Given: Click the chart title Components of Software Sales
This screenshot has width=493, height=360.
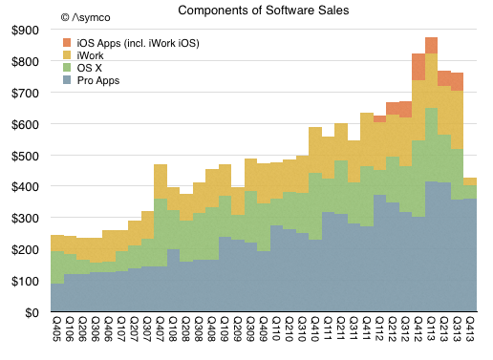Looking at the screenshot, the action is pyautogui.click(x=264, y=11).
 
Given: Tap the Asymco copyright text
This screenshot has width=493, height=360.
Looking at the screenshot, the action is pyautogui.click(x=85, y=17).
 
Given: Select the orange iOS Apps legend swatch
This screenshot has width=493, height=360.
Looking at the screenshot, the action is pyautogui.click(x=67, y=42).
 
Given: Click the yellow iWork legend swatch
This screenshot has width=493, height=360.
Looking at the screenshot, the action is pyautogui.click(x=67, y=55).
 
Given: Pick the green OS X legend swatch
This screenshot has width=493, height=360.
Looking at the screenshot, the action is pyautogui.click(x=67, y=68).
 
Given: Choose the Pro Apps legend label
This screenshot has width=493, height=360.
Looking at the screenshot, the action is pyautogui.click(x=98, y=80).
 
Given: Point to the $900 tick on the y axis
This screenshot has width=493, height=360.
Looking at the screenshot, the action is pyautogui.click(x=25, y=31).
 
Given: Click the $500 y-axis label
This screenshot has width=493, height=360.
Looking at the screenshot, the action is pyautogui.click(x=25, y=156).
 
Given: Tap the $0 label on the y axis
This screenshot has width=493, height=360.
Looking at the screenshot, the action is pyautogui.click(x=32, y=313).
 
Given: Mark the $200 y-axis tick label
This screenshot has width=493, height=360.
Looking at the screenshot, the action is pyautogui.click(x=25, y=250).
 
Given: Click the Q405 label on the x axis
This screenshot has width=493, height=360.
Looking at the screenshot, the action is pyautogui.click(x=56, y=328).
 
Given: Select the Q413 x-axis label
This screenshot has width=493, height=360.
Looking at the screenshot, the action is pyautogui.click(x=470, y=328).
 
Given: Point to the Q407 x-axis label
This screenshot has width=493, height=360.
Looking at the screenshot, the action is pyautogui.click(x=160, y=328).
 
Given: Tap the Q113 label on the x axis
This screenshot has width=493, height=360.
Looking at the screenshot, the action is pyautogui.click(x=431, y=328).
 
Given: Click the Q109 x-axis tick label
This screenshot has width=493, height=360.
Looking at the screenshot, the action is pyautogui.click(x=225, y=328).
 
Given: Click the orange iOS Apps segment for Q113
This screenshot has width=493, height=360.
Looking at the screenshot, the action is pyautogui.click(x=431, y=46).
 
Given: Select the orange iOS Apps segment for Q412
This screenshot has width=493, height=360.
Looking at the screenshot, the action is pyautogui.click(x=418, y=67).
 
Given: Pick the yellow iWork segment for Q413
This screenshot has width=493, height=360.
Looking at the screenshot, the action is pyautogui.click(x=470, y=181).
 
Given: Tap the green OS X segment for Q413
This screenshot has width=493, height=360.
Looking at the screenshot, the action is pyautogui.click(x=470, y=192).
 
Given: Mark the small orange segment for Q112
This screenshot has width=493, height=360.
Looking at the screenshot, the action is pyautogui.click(x=379, y=119).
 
